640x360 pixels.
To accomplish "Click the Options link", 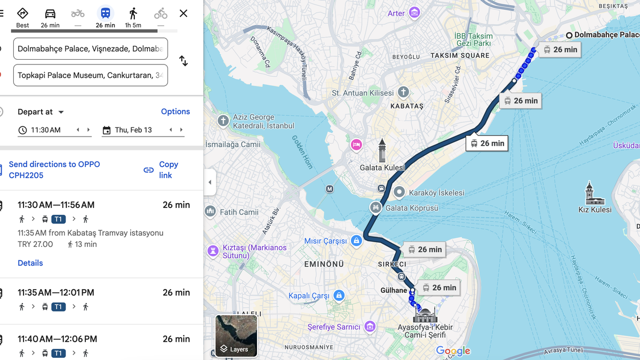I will (175, 111).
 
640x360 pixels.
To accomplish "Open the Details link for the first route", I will (30, 263).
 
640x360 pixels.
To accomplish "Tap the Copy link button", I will (162, 170).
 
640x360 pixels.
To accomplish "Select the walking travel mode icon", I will (133, 13).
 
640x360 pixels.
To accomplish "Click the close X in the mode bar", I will (183, 13).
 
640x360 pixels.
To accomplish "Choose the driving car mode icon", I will (50, 13).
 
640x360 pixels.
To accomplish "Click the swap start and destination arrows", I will (183, 61).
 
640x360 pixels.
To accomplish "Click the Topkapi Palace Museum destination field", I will (91, 75).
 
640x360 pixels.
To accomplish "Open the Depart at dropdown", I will (41, 112).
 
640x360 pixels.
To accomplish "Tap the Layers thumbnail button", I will (236, 335).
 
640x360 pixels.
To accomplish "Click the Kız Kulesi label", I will (595, 210).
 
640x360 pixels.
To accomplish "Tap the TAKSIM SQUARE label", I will (460, 55).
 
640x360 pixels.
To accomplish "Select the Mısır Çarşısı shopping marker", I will (356, 241).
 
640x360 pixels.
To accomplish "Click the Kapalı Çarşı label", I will (309, 295).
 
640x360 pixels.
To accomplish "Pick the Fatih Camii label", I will (239, 212).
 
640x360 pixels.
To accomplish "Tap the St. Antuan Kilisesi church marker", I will (403, 92).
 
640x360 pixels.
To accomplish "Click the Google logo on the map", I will (453, 350).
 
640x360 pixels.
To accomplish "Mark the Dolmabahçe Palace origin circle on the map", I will (569, 35).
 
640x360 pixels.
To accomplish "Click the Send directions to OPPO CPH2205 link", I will (54, 170).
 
